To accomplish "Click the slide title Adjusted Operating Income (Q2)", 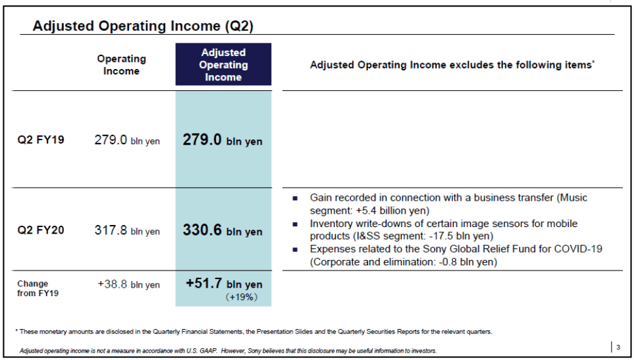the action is coord(143,26).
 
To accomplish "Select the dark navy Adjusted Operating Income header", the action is coord(223,64).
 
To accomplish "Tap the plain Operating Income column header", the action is coord(121,64).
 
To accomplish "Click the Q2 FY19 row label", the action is coord(40,140).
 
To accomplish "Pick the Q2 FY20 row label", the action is coord(40,230).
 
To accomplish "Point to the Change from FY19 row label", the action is coord(38,288).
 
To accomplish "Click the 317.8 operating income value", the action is coord(111,230).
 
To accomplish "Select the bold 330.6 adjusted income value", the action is coord(202,230).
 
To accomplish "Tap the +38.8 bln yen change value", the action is coord(128,284).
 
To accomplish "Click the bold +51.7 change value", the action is coord(204,283).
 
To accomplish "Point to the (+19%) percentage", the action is coord(242,297).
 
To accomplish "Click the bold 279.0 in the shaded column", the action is coord(202,140).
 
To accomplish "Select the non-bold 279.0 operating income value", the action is coord(111,140).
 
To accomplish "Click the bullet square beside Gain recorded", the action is coord(295,198).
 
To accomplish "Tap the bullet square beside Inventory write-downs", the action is coord(295,224).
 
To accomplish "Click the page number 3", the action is coord(618,347).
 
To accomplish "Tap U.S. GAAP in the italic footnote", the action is coord(201,351).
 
